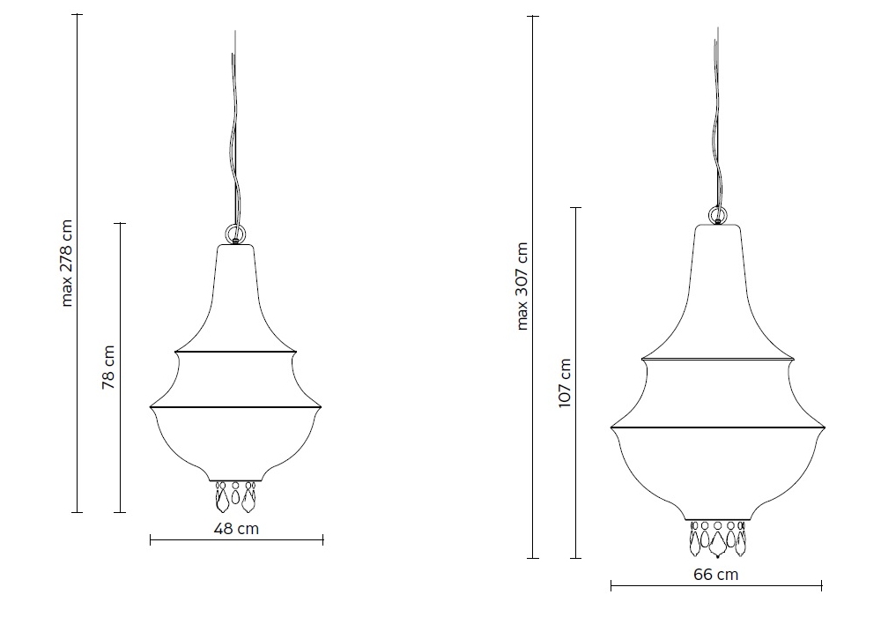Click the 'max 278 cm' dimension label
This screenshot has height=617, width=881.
(67, 263)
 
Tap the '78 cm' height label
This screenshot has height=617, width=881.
(107, 368)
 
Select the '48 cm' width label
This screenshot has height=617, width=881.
(236, 529)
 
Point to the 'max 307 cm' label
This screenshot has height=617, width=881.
(522, 286)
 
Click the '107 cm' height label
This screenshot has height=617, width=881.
(565, 383)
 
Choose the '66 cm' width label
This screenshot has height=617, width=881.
(715, 575)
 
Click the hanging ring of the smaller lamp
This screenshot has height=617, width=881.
(235, 233)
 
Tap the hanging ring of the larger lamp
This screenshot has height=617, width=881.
(717, 215)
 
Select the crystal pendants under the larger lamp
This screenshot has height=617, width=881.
(718, 539)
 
